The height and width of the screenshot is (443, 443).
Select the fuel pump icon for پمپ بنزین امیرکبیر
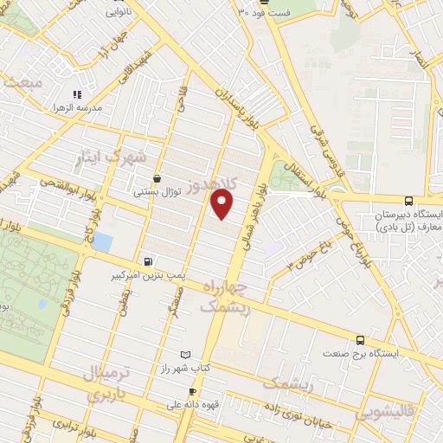[150, 260]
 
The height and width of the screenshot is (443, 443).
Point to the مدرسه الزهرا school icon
[77, 93]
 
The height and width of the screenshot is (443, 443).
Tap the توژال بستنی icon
[156, 178]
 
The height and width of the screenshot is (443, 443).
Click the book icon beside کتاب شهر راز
[183, 355]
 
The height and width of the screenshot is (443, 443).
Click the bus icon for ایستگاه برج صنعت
[360, 340]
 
